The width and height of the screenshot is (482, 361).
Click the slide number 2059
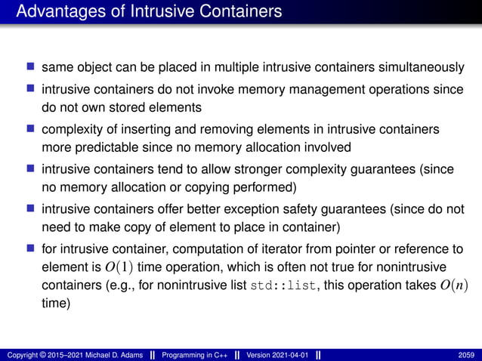[x=466, y=353]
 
